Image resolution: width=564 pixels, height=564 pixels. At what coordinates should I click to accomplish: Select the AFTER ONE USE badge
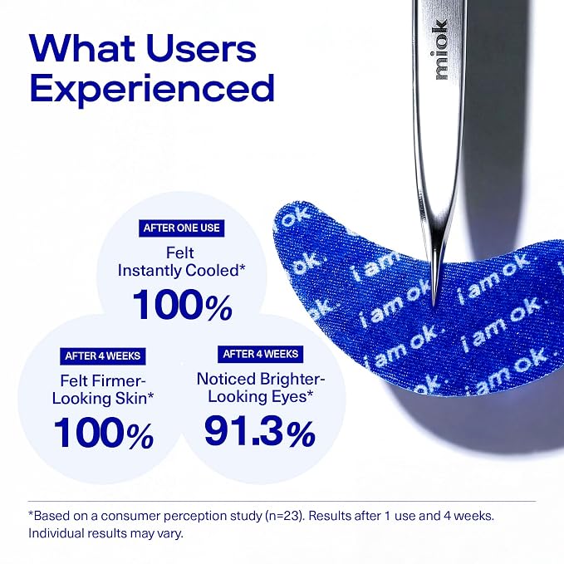[181, 228]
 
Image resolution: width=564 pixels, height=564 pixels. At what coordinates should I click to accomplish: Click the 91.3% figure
[260, 431]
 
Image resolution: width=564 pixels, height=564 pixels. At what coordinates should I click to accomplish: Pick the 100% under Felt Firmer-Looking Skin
[104, 433]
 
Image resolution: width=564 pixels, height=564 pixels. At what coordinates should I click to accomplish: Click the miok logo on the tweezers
[442, 50]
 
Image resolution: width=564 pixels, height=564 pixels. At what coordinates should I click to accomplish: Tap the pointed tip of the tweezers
[434, 306]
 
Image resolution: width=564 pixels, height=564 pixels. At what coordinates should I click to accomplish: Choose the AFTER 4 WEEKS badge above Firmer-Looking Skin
[102, 356]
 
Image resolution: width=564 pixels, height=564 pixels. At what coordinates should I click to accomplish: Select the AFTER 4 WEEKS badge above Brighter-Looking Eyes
[261, 355]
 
